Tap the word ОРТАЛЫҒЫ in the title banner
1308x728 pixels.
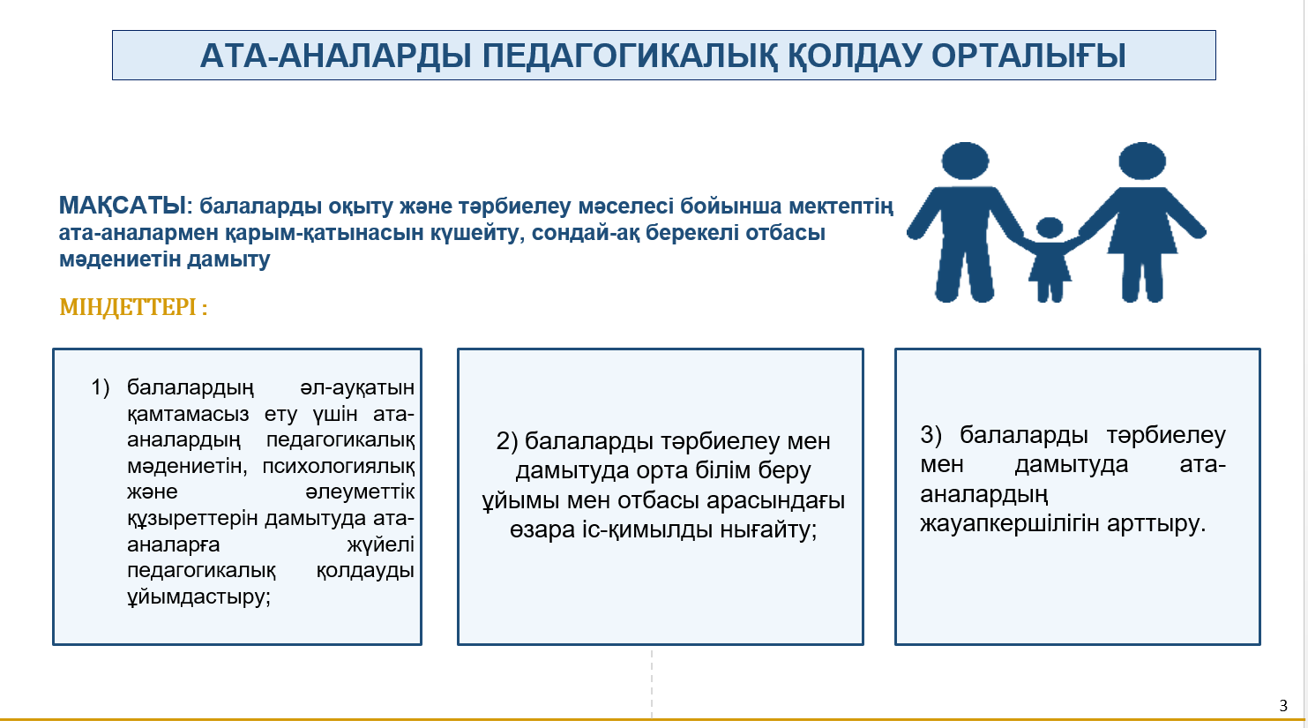pos(1028,56)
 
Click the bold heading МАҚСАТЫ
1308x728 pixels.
pos(122,206)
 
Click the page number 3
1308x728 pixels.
pos(1283,706)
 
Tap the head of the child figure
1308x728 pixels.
pos(1050,228)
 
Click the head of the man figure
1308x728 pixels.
pos(965,161)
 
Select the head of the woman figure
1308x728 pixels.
pos(1142,161)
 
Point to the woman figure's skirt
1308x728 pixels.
pos(1142,234)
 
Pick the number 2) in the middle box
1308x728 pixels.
pos(507,441)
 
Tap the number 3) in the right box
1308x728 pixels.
pos(931,435)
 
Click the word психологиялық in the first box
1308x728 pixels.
pos(338,467)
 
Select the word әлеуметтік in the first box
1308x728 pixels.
pos(360,492)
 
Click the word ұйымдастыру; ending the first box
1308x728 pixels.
pos(199,597)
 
